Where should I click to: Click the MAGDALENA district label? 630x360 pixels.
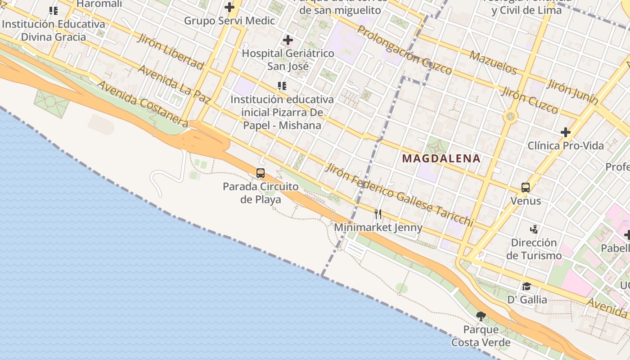pos(441,158)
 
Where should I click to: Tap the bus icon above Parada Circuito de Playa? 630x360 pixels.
pos(260,173)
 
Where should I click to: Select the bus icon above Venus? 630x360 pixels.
pos(525,187)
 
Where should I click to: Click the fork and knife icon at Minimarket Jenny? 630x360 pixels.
pos(378,214)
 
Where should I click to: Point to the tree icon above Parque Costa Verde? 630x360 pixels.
pos(481,316)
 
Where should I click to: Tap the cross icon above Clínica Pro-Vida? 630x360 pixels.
pos(566,132)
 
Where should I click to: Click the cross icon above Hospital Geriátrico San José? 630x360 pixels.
pos(288,40)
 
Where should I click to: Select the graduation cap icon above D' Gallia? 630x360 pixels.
pos(526,286)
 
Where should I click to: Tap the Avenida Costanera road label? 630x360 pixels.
pos(142,103)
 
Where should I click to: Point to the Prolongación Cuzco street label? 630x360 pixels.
pos(404,49)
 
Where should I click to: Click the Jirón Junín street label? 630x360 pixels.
pos(572,91)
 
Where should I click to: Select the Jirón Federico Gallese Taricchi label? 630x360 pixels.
pos(399,195)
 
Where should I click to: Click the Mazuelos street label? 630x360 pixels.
pos(493,62)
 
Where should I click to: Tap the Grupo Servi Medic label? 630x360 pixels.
pos(229,21)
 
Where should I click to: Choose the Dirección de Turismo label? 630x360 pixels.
pos(534,249)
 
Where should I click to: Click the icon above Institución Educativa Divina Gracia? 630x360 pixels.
pos(54,11)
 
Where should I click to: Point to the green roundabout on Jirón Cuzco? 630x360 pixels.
pos(510,117)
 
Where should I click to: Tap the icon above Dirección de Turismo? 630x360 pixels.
pos(534,229)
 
